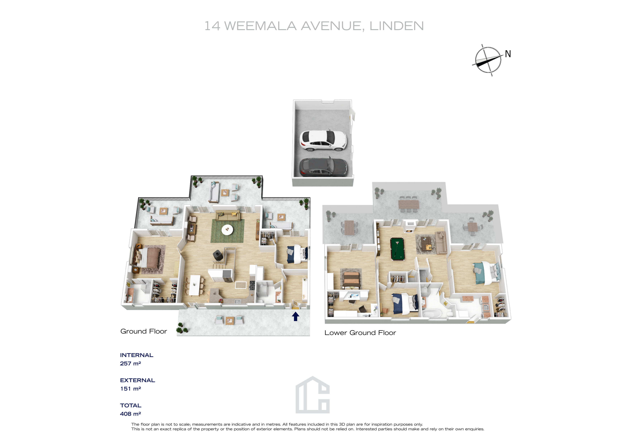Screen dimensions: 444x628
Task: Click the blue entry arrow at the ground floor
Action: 295,317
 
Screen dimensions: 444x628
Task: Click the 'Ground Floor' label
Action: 144,331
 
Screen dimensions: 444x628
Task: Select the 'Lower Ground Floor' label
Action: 360,333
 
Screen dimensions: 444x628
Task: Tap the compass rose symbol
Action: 488,60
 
